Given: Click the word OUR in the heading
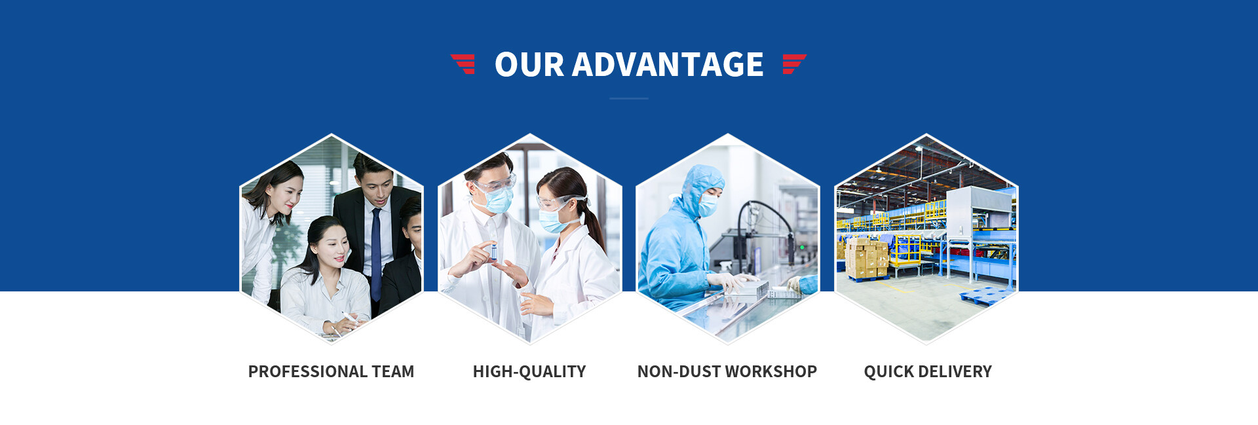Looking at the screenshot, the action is (529, 65).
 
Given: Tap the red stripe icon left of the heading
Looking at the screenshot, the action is (463, 64).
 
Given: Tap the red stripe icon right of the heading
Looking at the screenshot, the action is (794, 64).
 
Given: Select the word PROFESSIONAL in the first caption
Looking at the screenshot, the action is (307, 371).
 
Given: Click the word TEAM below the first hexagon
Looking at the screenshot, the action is (393, 371).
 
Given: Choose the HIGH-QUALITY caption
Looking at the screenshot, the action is (529, 371).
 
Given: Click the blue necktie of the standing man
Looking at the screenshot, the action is (376, 252).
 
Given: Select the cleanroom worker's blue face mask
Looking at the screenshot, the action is (708, 205).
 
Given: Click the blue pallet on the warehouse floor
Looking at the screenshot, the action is (986, 296).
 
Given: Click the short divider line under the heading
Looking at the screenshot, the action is (629, 98).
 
